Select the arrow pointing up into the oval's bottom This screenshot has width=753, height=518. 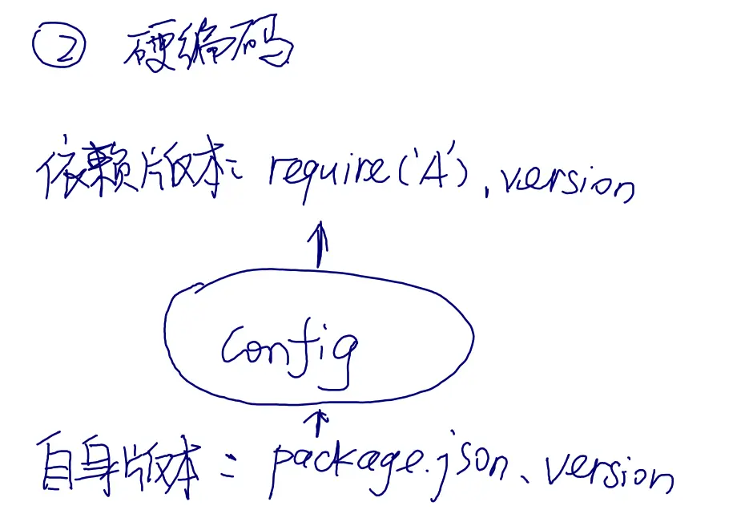(320, 420)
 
